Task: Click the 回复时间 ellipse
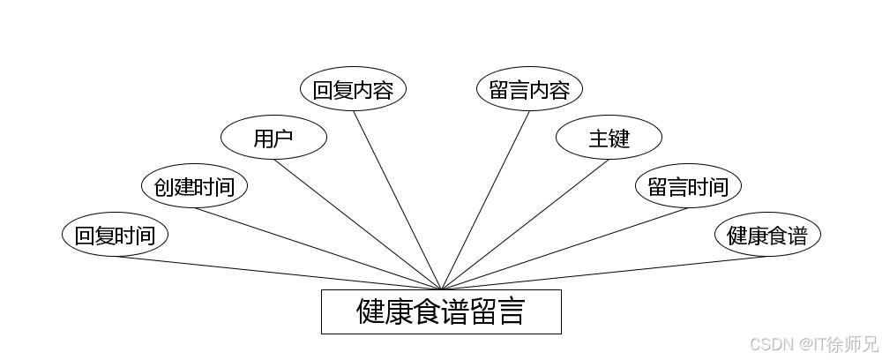(x=115, y=235)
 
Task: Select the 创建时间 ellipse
(x=194, y=186)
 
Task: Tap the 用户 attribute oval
(x=273, y=138)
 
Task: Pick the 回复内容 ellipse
(x=353, y=89)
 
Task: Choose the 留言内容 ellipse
(x=529, y=89)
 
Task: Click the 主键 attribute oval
(x=609, y=138)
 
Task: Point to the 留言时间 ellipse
(x=688, y=186)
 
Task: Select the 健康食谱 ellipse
(x=767, y=235)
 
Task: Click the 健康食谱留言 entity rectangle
(x=441, y=311)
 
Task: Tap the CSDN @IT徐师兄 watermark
(x=811, y=342)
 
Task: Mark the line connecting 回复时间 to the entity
(x=278, y=273)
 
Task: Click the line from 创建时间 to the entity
(x=318, y=249)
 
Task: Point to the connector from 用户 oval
(x=357, y=224)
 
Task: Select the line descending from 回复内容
(x=397, y=200)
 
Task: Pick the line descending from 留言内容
(x=485, y=200)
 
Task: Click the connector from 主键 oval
(x=525, y=224)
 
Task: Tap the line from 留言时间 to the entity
(x=564, y=249)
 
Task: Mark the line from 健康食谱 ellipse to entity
(x=604, y=273)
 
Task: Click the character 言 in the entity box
(x=511, y=311)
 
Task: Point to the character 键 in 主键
(x=620, y=138)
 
